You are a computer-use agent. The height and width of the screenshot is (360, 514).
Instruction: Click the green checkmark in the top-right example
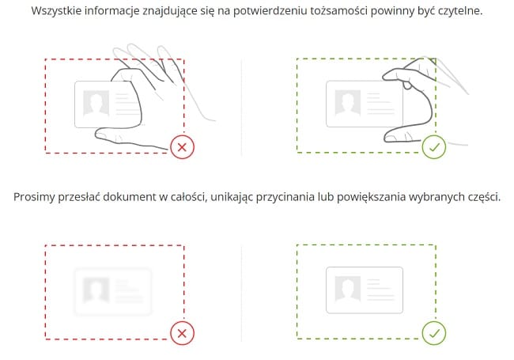[x=433, y=146]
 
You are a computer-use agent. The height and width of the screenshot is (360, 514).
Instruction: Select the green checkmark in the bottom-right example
[x=433, y=334]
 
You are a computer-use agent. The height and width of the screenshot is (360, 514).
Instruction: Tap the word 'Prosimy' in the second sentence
[x=35, y=195]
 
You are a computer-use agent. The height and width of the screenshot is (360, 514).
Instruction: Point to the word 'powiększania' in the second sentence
[x=386, y=195]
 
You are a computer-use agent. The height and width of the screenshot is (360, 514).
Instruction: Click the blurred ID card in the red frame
[x=111, y=290]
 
